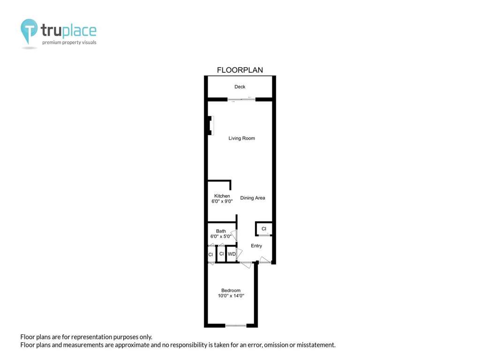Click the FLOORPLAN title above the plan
tap(240, 70)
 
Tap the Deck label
tap(240, 87)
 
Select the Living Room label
tap(241, 138)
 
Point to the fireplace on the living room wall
tap(210, 126)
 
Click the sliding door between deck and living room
tap(241, 99)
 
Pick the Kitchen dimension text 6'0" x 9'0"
tap(222, 202)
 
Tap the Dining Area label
tap(253, 198)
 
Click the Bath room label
tap(221, 231)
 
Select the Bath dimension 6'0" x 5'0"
tap(221, 236)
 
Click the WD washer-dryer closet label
tap(232, 254)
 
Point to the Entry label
tap(256, 246)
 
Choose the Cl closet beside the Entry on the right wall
tap(264, 229)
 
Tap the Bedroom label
tap(231, 291)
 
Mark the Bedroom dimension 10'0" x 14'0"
tap(231, 296)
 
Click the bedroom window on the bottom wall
tap(236, 325)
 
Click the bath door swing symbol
tap(234, 235)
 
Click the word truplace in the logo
tap(68, 30)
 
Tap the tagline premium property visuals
tap(69, 43)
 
